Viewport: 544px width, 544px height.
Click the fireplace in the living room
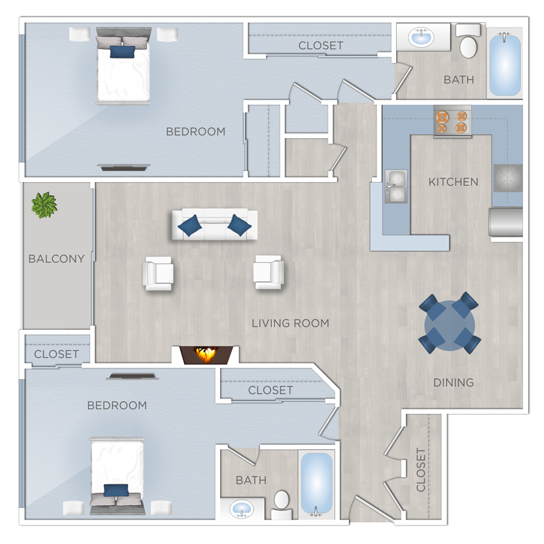click(206, 355)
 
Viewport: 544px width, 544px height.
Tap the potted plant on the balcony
click(44, 205)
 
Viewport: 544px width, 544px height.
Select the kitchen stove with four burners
click(453, 122)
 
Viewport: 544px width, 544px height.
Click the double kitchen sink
click(396, 187)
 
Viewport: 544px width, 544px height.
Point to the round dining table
click(450, 323)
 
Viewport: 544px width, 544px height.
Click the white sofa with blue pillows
click(214, 225)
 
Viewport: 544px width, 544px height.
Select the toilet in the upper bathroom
click(468, 43)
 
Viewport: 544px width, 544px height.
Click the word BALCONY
click(57, 259)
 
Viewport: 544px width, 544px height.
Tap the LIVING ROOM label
click(290, 323)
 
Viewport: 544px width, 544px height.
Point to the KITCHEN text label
click(453, 182)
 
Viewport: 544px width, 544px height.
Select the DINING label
click(453, 382)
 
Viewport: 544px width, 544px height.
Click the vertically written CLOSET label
click(421, 470)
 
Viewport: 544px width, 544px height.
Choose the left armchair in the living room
click(159, 273)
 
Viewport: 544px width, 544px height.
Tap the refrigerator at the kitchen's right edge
click(505, 222)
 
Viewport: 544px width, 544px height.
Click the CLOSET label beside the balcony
click(57, 354)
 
